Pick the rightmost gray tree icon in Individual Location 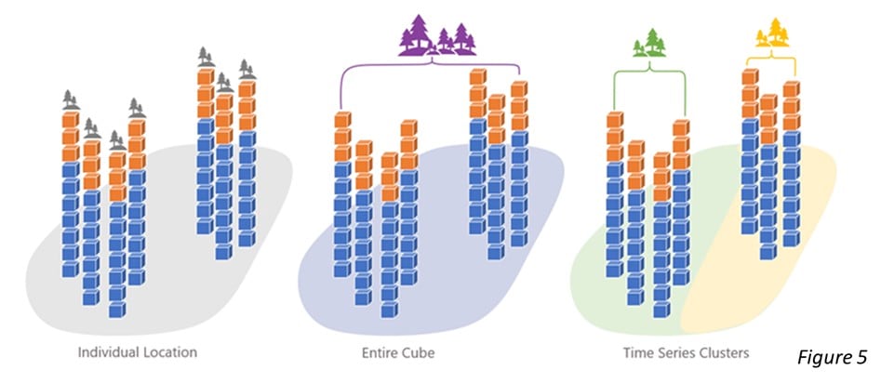point(246,69)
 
